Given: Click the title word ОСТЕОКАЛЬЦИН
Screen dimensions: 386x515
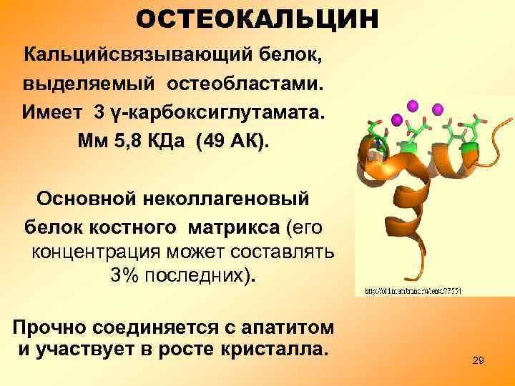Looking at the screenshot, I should pyautogui.click(x=257, y=20).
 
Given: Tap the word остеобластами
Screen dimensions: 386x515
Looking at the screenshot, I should pyautogui.click(x=246, y=84).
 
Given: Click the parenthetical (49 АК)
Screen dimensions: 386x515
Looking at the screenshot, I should pyautogui.click(x=230, y=142).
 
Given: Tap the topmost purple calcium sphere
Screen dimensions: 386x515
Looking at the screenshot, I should pyautogui.click(x=413, y=105).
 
